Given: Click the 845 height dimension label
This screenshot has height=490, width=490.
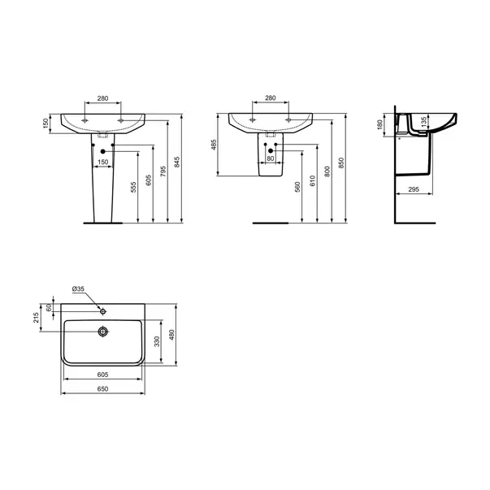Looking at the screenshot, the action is coord(177,163).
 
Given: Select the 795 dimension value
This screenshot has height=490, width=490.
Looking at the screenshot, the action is coord(163,171).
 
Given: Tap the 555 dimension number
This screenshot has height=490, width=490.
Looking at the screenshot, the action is coord(133,187).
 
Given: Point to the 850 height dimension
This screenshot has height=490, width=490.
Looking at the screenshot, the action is coord(341,163).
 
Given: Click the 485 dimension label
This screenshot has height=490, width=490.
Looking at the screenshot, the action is coord(214,145).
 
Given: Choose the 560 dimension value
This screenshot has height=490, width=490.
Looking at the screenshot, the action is coord(297,187).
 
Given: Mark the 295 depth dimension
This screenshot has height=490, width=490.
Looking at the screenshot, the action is coord(414,189).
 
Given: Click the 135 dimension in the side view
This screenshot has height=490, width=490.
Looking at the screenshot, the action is coord(423,122).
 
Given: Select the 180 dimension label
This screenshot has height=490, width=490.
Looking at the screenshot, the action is coord(380,125).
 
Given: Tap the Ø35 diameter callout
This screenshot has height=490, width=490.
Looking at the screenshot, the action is coord(78,289).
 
